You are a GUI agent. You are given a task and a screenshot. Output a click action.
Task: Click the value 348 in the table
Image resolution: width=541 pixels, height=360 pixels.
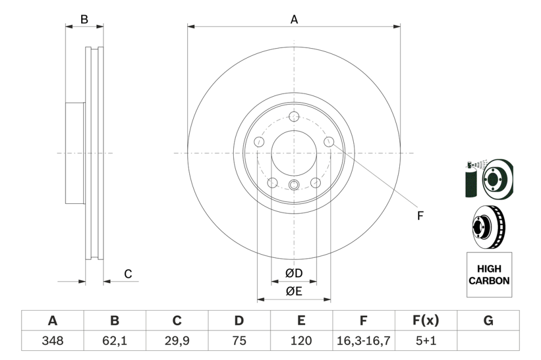click(52, 341)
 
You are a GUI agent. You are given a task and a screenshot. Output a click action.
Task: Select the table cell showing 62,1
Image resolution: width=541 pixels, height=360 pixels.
click(115, 341)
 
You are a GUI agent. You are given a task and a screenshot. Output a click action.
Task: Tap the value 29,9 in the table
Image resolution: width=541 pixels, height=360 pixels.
click(177, 341)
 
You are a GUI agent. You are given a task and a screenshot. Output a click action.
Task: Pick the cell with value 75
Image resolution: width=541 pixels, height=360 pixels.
click(239, 341)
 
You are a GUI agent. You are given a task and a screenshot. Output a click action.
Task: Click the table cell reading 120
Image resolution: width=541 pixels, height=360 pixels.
click(301, 341)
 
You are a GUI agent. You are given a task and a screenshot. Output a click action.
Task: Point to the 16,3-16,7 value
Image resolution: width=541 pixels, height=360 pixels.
click(364, 341)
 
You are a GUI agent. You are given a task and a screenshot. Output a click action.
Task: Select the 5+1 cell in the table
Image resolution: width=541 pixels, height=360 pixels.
click(426, 341)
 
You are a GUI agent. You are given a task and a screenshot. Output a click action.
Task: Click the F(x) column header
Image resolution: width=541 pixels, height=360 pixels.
click(426, 321)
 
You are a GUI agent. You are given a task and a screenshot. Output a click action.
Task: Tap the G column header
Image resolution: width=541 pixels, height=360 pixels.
click(488, 321)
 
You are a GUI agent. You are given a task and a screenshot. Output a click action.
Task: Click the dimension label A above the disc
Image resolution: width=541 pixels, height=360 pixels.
click(294, 19)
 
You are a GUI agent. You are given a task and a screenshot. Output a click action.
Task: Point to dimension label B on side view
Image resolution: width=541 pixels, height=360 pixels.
click(84, 19)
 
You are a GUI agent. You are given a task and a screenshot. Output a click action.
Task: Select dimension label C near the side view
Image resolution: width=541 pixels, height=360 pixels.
click(128, 274)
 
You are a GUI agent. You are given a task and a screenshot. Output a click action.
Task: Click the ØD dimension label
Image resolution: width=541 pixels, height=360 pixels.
click(294, 273)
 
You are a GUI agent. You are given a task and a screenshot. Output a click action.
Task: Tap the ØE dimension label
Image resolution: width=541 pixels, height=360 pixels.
click(294, 291)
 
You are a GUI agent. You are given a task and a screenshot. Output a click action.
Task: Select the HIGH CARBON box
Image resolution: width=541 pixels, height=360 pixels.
click(489, 275)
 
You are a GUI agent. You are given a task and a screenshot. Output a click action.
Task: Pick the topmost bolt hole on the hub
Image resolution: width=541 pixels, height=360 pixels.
click(294, 116)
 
